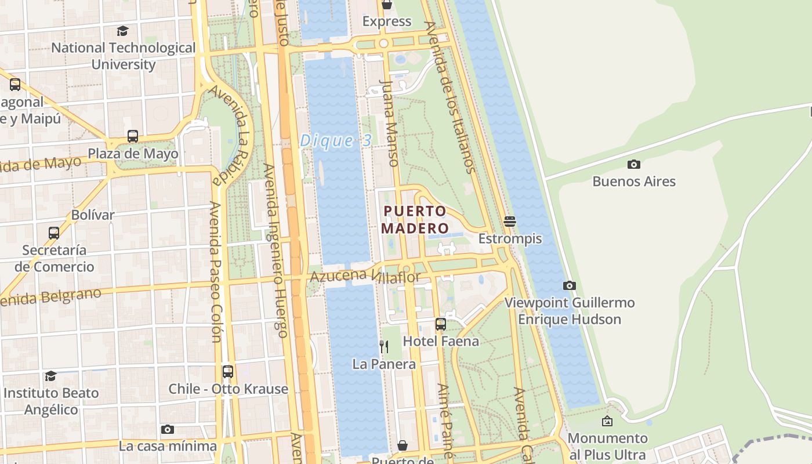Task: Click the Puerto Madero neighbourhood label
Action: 416,219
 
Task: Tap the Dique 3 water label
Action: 336,141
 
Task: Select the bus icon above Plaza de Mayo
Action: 133,136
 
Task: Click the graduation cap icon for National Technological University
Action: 123,31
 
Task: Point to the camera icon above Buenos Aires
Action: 634,164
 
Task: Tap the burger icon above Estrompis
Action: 510,221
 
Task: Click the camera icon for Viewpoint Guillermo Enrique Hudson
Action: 570,285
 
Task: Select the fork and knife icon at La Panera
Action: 383,347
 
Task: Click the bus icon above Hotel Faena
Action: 441,324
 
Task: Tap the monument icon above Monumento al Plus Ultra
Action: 607,421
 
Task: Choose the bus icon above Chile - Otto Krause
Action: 228,371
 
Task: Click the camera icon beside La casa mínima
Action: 168,429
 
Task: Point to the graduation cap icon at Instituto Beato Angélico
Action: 51,376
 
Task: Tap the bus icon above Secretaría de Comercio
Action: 54,233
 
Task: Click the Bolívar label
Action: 93,215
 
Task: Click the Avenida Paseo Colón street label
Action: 215,271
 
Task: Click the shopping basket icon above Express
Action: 387,5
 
